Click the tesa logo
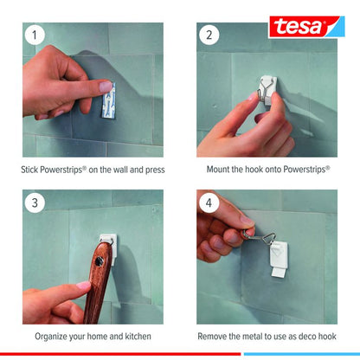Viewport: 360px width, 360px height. (306, 27)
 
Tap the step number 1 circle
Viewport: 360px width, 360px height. (35, 35)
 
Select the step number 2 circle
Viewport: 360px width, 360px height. (209, 35)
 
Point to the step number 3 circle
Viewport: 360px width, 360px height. (35, 202)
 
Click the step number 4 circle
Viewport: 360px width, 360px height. (209, 202)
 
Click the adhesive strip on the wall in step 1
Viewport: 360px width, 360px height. (109, 100)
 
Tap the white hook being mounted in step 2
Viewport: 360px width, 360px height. (268, 90)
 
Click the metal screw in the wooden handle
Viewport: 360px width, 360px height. (100, 261)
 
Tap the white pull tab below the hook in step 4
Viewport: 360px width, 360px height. (279, 273)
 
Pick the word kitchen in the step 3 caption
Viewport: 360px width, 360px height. (138, 337)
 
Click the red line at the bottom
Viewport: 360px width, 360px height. (120, 354)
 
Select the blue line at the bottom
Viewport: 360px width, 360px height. (302, 354)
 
